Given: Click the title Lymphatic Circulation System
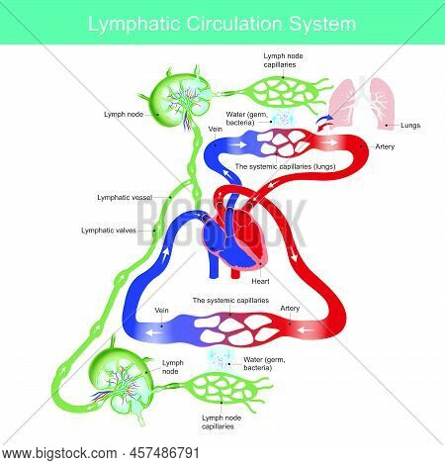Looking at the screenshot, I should point(222,21).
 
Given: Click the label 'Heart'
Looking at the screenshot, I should point(261,281).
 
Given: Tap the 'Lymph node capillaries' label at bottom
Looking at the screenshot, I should point(227,421).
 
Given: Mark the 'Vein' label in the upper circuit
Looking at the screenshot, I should point(216,129).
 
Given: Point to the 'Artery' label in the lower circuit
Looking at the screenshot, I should point(290,308).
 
